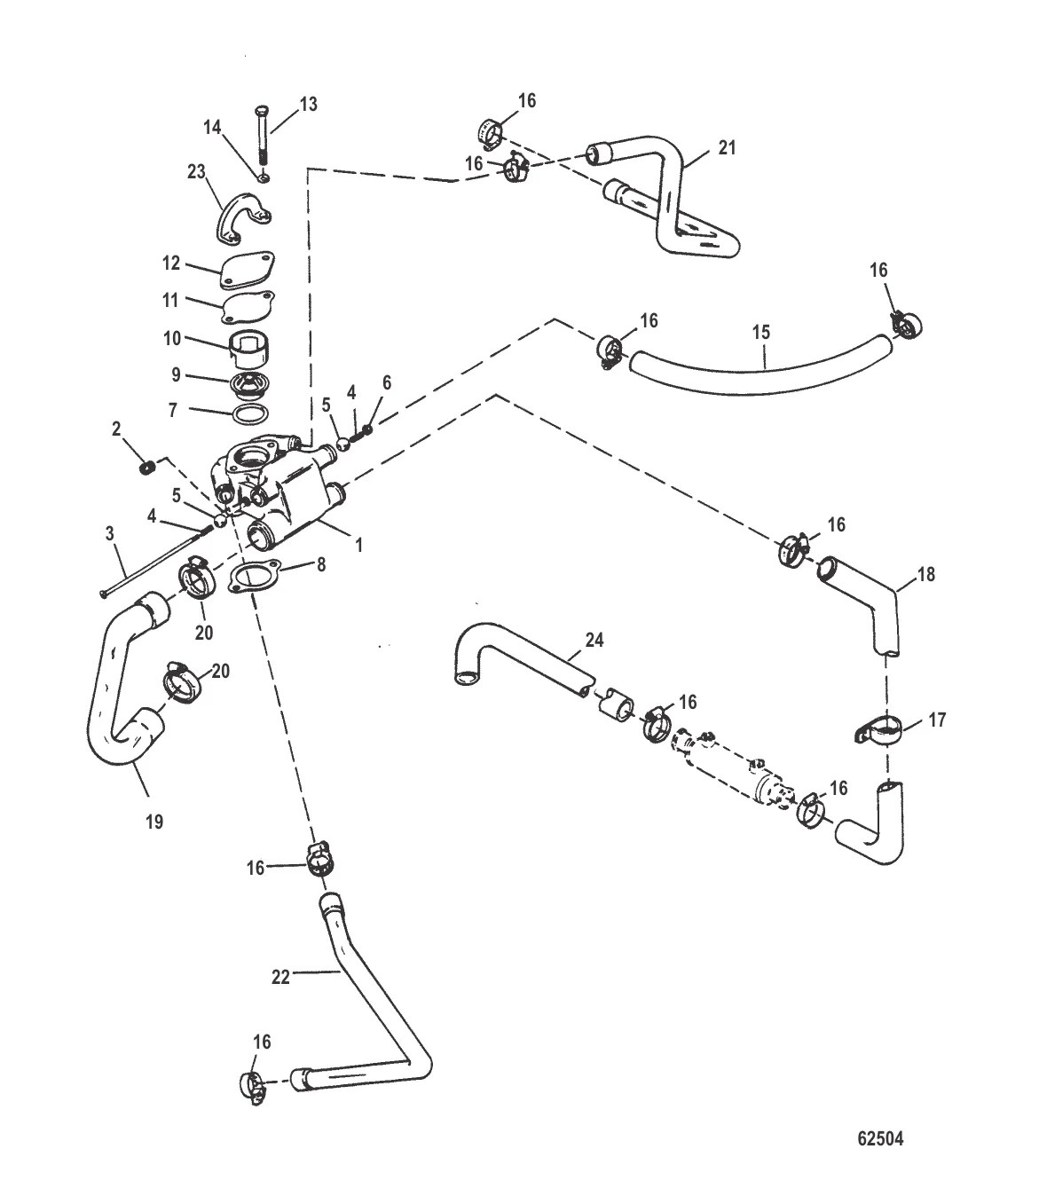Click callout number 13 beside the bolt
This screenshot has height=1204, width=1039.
[307, 104]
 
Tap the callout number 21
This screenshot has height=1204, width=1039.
[727, 148]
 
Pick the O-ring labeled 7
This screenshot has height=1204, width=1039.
[251, 413]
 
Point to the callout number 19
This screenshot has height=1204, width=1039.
[153, 822]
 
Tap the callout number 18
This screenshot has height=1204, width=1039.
[925, 574]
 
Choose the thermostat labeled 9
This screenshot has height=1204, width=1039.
[246, 382]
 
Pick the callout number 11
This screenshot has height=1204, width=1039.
[169, 300]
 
